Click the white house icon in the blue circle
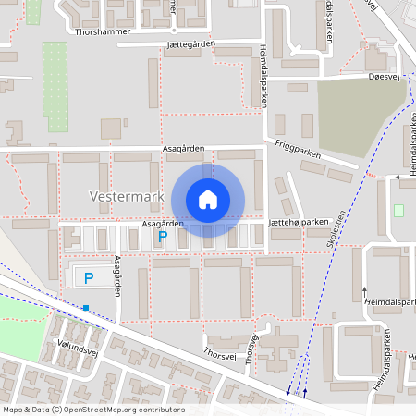point(208,199)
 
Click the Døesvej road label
point(381,78)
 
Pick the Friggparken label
point(299,152)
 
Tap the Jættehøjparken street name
point(300,222)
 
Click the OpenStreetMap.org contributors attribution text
point(127,410)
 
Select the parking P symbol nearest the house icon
point(163,238)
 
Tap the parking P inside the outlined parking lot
point(89,276)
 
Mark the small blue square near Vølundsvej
point(86,307)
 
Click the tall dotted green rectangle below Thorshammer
point(55,86)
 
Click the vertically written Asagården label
point(117,275)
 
